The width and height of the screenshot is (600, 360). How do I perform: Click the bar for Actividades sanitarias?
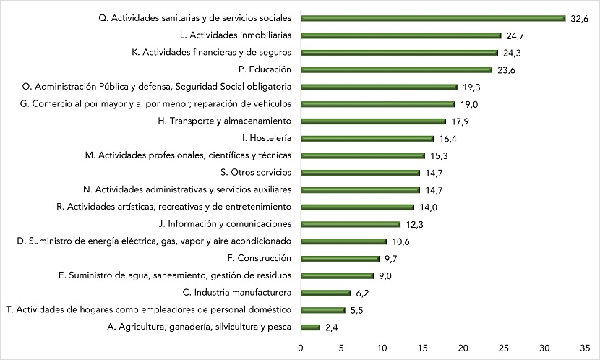pos(432,18)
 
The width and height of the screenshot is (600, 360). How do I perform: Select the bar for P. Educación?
pos(396,69)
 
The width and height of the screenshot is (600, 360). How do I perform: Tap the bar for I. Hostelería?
pos(367,138)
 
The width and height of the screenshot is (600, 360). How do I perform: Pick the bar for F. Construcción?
pos(340,258)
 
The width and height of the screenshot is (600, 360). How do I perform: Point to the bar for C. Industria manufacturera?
pos(325,293)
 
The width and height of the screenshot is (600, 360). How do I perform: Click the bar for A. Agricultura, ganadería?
pos(310,327)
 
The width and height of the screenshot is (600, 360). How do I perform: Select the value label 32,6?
pos(580,18)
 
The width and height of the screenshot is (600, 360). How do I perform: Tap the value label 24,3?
pos(512,52)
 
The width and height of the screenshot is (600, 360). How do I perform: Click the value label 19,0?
pos(468,104)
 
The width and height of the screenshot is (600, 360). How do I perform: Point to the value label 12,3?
pos(414,224)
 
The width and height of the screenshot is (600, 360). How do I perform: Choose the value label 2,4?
pos(332,327)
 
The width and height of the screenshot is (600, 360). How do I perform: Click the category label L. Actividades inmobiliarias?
pos(235,35)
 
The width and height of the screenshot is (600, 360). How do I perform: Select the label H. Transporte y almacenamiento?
pos(224,121)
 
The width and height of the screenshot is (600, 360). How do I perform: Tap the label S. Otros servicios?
pos(255,172)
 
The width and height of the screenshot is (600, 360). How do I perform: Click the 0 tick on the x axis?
pos(301,348)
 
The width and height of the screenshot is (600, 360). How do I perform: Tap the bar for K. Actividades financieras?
pos(399,52)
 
